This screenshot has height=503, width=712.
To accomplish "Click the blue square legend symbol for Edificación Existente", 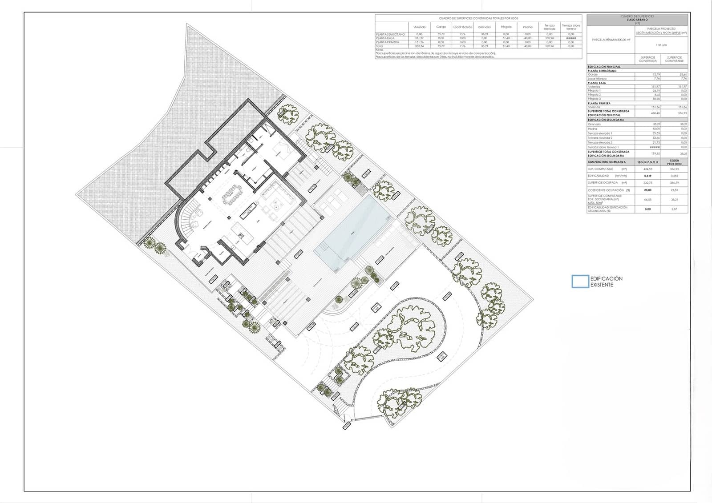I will [580, 282].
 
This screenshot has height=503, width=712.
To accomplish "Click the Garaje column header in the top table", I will [441, 27].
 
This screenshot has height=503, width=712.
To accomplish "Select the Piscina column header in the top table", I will [528, 27].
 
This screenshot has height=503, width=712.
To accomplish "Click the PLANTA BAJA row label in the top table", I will [388, 38].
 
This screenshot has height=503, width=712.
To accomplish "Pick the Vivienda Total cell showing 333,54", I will [419, 46].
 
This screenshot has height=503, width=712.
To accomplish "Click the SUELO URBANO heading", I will [637, 20].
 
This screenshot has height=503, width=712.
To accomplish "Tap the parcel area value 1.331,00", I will [661, 45].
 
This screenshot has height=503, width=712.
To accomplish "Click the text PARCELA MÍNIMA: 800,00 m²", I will [611, 40].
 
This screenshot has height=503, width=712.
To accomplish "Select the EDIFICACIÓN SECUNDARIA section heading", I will [606, 120].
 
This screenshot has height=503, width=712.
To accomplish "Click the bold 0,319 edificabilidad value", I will [647, 176].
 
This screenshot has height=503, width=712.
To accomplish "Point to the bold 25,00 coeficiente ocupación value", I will [647, 190].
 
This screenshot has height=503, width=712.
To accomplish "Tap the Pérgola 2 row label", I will [595, 95].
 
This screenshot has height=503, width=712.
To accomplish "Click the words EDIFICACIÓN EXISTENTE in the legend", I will [606, 282].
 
